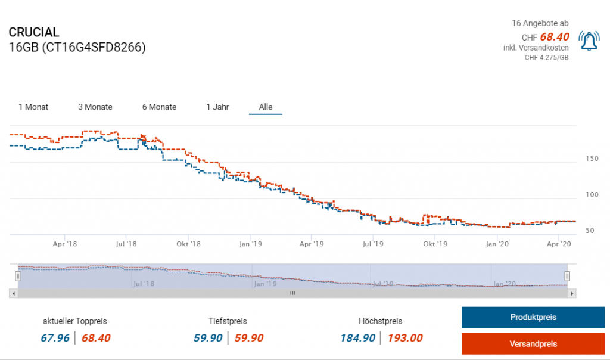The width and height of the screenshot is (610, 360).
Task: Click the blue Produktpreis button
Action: (x=533, y=317)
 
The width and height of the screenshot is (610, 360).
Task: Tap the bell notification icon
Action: (x=589, y=41)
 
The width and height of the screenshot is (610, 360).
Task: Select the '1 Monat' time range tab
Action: (x=33, y=107)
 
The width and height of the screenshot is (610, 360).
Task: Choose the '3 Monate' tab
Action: (x=95, y=107)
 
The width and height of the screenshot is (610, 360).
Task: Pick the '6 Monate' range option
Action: (x=159, y=107)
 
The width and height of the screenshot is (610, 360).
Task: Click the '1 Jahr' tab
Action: (x=217, y=107)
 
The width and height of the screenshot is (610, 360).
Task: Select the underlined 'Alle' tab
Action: (x=266, y=107)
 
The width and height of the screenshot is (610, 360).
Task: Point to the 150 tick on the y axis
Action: (x=592, y=159)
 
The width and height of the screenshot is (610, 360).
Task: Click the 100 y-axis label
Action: (x=592, y=195)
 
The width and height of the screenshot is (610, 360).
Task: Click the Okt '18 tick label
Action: (x=188, y=244)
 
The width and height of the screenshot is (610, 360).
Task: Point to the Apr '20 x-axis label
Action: (x=559, y=244)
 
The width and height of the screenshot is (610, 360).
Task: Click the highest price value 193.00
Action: (x=405, y=339)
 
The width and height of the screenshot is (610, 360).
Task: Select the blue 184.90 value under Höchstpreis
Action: (x=357, y=339)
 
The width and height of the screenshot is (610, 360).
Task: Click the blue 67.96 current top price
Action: (x=55, y=339)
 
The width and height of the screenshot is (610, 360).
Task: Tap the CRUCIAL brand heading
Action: (x=34, y=32)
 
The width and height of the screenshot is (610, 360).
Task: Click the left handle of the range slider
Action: (x=18, y=276)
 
